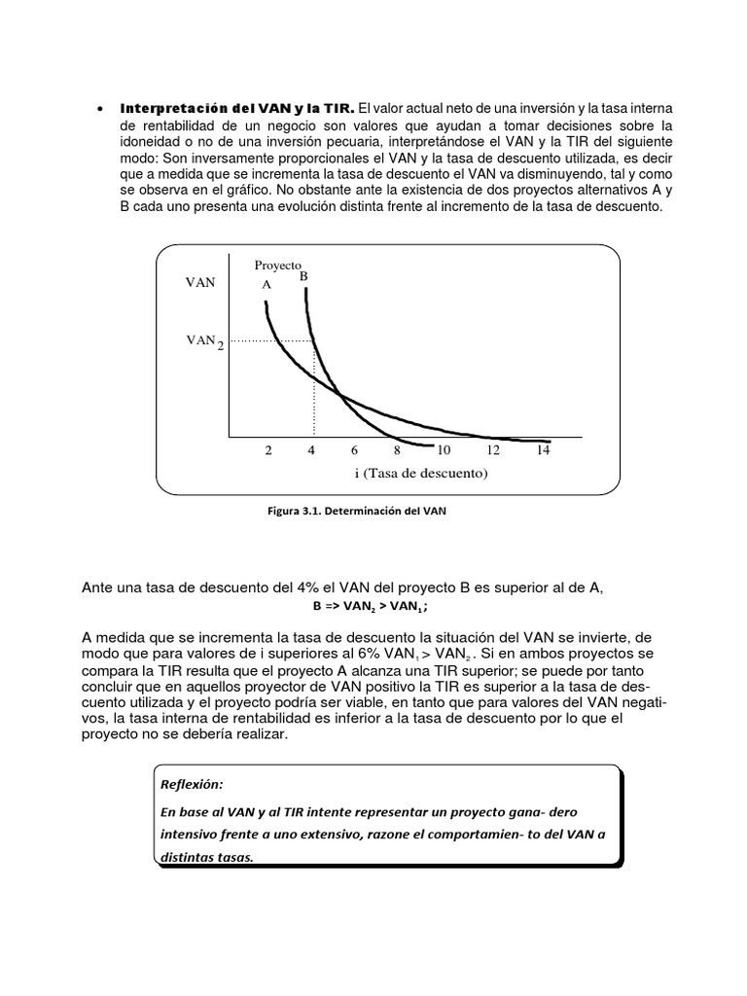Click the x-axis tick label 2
(x=267, y=450)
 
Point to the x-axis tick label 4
(x=312, y=450)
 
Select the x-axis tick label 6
(x=355, y=450)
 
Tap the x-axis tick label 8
(x=397, y=450)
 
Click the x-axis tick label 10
(x=443, y=450)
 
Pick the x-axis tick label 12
(x=493, y=450)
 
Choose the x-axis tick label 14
(x=543, y=450)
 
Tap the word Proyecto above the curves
(x=278, y=265)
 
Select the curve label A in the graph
(x=266, y=286)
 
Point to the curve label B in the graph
(x=303, y=276)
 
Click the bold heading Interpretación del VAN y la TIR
(x=237, y=106)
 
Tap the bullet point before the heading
(x=101, y=107)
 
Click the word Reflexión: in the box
(x=192, y=783)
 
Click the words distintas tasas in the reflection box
(x=203, y=857)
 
